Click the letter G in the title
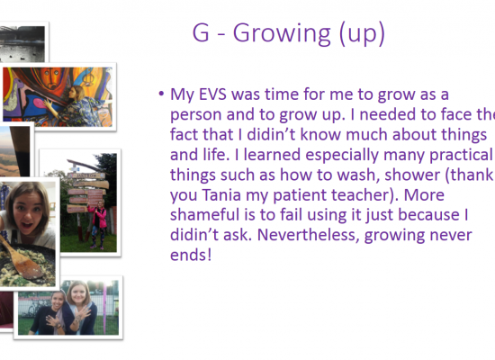[x=201, y=32]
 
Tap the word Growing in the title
[x=282, y=34]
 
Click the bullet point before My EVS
[x=161, y=94]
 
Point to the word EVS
[x=212, y=94]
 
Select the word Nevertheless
[x=308, y=235]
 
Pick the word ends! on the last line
[x=191, y=255]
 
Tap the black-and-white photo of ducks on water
[x=22, y=43]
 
